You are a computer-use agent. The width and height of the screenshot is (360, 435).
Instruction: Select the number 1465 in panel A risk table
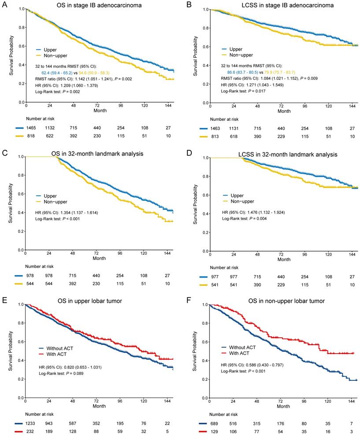point(26,127)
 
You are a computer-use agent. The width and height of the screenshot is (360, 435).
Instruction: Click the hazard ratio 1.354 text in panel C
point(67,213)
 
